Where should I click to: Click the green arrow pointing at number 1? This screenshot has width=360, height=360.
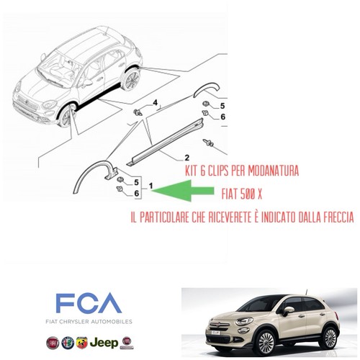pos(182,191)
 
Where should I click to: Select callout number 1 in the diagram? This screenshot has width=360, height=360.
pos(150,186)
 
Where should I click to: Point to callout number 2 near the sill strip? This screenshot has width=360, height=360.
pos(186,158)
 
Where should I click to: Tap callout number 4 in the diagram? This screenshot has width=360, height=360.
pos(156,103)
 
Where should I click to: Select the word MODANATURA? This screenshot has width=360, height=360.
pos(273,171)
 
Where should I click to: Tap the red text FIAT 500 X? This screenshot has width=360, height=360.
pos(242,194)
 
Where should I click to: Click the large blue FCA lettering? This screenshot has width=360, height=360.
pos(89,302)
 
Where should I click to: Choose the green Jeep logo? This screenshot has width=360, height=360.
pos(104,343)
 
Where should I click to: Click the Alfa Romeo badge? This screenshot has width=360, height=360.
pos(68,343)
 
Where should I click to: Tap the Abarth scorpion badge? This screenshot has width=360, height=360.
pos(81,343)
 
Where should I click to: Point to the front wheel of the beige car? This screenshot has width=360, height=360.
pos(266,342)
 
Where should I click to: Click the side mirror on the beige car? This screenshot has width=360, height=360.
pos(288,311)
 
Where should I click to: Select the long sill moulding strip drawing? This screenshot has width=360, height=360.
pos(165,142)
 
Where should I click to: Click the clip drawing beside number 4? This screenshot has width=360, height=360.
pos(138,112)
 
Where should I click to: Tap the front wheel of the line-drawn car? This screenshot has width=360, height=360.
pos(66,117)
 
